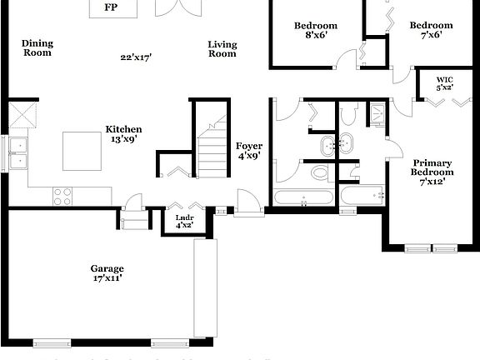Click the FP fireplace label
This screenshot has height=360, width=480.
point(110,8)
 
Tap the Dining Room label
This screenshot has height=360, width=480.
point(37,47)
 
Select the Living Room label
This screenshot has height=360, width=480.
point(222,48)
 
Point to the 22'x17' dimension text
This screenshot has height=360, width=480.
point(136,57)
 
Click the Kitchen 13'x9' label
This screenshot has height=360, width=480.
point(123,134)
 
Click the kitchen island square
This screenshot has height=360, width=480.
point(82,151)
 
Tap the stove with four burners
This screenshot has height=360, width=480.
point(62,196)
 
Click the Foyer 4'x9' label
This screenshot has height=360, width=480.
point(248,151)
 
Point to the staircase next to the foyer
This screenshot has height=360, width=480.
point(212,150)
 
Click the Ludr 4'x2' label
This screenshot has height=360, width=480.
point(184,222)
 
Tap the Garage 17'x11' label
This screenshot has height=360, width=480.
point(107,273)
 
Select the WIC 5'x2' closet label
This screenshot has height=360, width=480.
point(445,83)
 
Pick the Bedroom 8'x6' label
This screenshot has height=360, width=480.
point(316,31)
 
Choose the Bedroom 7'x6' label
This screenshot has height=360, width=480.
point(431,31)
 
